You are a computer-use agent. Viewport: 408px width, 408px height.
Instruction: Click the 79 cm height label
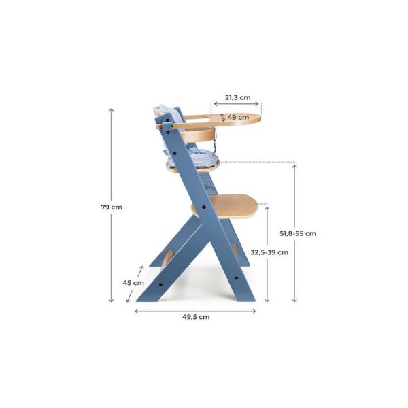click(112, 206)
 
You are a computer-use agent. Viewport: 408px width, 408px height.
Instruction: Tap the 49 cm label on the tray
click(237, 117)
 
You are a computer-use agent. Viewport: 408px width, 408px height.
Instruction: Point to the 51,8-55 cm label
click(298, 233)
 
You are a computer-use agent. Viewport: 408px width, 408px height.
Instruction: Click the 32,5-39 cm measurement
click(269, 252)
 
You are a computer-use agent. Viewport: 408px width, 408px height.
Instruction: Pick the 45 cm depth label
click(133, 282)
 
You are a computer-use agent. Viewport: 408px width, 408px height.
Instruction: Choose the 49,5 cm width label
click(195, 316)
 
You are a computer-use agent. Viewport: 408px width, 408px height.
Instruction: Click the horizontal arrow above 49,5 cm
click(195, 310)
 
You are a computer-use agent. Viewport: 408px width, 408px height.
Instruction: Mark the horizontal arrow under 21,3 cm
click(237, 105)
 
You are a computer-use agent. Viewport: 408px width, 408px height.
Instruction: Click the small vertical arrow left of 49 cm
click(222, 117)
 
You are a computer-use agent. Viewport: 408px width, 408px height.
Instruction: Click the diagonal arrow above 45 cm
click(140, 271)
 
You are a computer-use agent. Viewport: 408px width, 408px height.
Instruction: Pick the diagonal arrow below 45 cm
click(129, 294)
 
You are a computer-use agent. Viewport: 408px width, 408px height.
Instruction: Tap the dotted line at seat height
click(258, 163)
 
